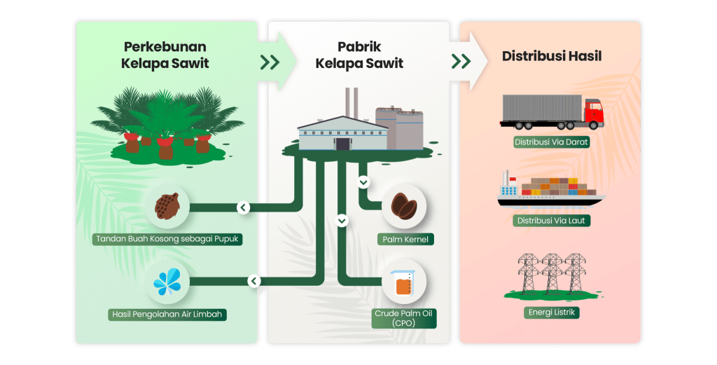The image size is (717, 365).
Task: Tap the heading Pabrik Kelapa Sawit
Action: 359,55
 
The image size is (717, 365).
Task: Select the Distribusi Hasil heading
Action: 552,57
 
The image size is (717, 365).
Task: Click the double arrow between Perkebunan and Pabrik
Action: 270,62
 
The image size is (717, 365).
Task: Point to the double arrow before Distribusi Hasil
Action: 461,61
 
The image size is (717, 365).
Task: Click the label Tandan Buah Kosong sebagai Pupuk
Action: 167,239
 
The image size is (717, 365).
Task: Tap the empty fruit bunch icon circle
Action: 167,206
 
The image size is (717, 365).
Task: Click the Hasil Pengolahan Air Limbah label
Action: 167,315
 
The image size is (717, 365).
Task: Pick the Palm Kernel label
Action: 405,240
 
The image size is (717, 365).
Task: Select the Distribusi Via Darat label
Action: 552,142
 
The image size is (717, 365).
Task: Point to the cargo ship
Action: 550,191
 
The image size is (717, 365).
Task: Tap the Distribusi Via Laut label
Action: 552,221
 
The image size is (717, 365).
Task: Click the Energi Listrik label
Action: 552,312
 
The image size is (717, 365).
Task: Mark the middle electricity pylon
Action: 552,272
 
